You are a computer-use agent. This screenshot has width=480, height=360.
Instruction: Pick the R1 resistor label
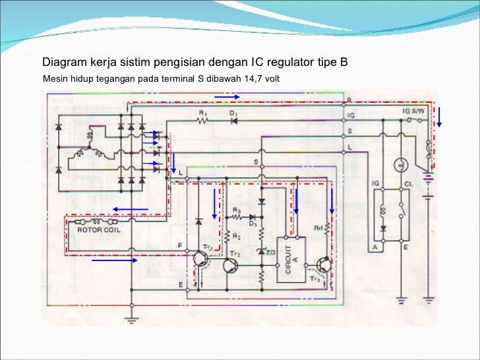click(x=203, y=113)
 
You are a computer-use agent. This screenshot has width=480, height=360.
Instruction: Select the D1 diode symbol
click(x=234, y=121)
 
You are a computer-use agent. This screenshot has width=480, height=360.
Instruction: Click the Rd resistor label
click(x=318, y=229)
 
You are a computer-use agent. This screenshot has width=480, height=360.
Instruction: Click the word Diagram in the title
click(x=65, y=63)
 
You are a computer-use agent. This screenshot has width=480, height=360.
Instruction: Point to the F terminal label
click(x=179, y=245)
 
